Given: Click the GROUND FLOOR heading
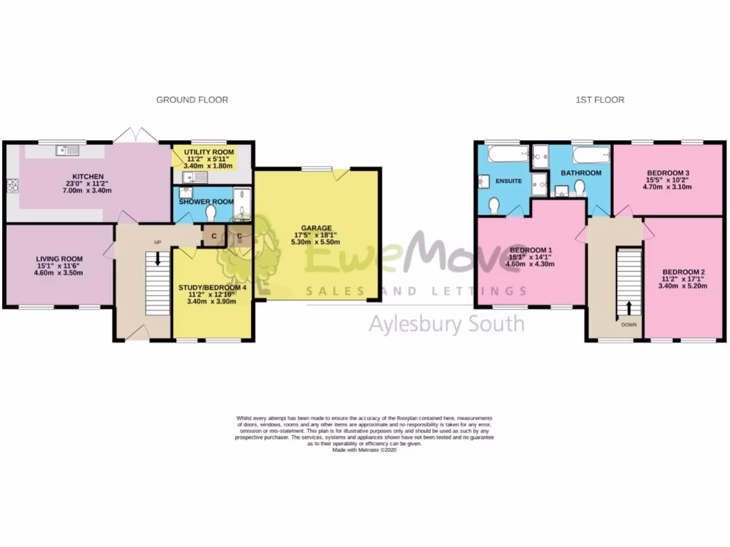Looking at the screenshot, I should pos(192,100).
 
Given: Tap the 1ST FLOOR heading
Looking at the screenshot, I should pos(600,100).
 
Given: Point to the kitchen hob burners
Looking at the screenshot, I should pos(11,186).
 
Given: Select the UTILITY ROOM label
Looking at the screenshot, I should pos(209,152).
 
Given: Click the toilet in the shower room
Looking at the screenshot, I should pos(210,212).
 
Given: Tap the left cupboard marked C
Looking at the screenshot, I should pos(213,236).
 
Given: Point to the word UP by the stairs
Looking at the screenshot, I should pos(158,243).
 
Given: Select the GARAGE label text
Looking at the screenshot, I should pos(315,229).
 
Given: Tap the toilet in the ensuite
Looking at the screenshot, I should pos(493,204).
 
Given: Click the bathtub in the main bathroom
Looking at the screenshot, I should pos(591,154).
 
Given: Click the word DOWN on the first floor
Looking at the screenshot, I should pos(629,325).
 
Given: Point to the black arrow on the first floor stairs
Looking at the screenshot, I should pos(629,307).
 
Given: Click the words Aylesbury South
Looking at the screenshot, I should pos(446,324).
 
